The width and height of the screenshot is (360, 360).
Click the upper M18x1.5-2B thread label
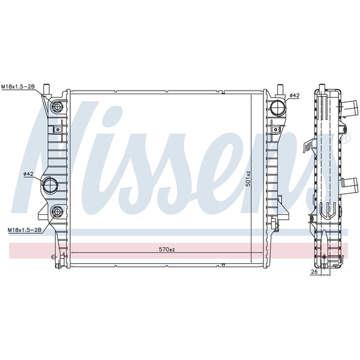coord(18,86)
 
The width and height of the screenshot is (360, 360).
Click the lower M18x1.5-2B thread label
coord(25,230)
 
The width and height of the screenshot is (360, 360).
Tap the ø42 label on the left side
coord(29,174)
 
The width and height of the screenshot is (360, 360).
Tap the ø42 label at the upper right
coord(295,95)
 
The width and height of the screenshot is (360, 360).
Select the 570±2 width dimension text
coord(167,250)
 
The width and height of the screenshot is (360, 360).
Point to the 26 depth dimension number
coord(314,272)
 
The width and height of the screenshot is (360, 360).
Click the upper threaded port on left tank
coord(57,106)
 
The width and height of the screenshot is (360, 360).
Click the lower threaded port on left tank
coord(57,211)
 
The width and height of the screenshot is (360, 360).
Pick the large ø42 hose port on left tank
coord(50,185)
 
